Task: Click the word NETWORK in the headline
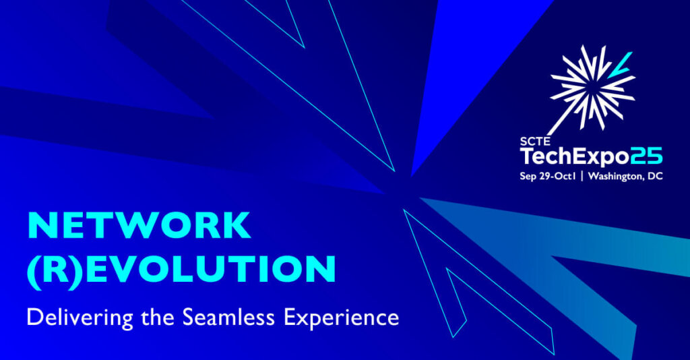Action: (139, 226)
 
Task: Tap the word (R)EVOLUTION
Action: (182, 270)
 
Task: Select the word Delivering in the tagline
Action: (80, 318)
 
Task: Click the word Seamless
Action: (228, 317)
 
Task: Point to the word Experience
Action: (342, 318)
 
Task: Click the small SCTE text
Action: (535, 142)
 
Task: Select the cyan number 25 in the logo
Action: (646, 157)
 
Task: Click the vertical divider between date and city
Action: (582, 177)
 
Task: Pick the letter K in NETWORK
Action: (237, 226)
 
